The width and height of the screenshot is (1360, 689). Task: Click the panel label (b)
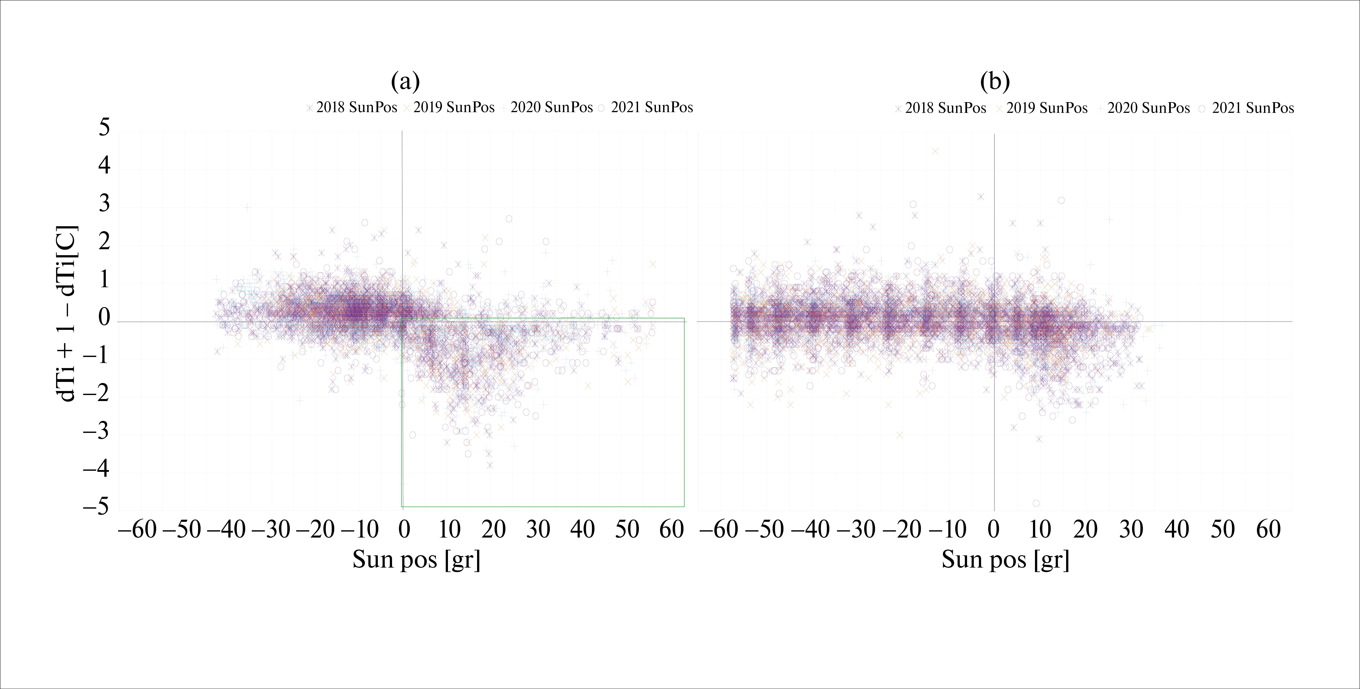(x=995, y=82)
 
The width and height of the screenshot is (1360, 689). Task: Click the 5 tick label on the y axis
(x=105, y=128)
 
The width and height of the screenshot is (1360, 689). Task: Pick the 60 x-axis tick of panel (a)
(x=672, y=529)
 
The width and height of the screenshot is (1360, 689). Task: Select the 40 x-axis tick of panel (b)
(x=1177, y=529)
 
